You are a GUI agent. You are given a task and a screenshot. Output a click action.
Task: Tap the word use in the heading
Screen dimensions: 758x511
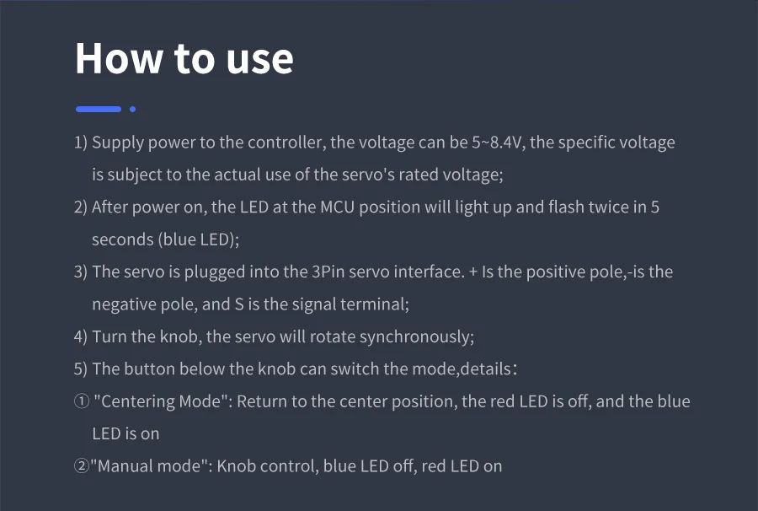click(259, 61)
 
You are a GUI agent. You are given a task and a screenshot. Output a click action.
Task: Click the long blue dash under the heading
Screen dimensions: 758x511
click(99, 110)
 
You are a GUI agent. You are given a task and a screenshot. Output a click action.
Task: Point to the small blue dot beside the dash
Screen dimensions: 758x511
click(132, 110)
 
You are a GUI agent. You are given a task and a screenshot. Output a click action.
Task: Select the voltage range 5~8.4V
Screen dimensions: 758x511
click(498, 143)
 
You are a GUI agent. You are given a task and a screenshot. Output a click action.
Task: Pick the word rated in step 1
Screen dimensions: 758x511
click(414, 175)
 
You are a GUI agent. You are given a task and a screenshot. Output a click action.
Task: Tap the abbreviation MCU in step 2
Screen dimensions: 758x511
click(338, 207)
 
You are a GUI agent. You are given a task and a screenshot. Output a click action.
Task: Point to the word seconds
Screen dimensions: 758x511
click(123, 239)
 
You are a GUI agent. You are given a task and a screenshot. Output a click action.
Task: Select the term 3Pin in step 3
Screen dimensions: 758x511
click(328, 272)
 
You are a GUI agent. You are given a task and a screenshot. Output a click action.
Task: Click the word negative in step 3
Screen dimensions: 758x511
click(123, 304)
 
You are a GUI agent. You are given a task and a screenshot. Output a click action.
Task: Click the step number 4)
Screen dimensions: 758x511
click(80, 336)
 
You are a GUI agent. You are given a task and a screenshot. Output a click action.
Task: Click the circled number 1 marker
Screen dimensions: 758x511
click(82, 401)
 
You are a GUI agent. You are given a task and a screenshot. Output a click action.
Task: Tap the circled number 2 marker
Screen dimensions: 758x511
click(82, 466)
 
